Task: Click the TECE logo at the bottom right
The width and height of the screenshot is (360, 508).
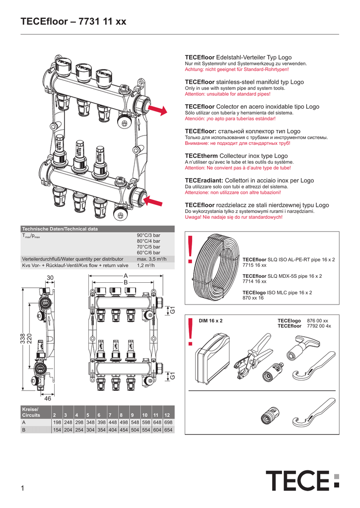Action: [302, 481]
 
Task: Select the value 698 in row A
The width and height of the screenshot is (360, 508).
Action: [169, 422]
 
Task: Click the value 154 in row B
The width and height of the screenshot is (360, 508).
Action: [57, 430]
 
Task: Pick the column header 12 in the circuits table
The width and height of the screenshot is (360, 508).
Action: [169, 414]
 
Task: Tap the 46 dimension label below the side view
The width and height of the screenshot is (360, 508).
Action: [48, 398]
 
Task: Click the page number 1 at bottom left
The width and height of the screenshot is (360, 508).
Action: [23, 489]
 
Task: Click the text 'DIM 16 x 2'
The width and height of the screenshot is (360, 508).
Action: [211, 321]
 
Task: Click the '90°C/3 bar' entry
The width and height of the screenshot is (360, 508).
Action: [148, 235]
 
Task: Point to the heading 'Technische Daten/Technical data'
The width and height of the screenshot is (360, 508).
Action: [60, 229]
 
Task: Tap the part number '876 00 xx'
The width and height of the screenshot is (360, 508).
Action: [318, 320]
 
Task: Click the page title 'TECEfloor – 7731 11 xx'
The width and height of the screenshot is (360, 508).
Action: [73, 22]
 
